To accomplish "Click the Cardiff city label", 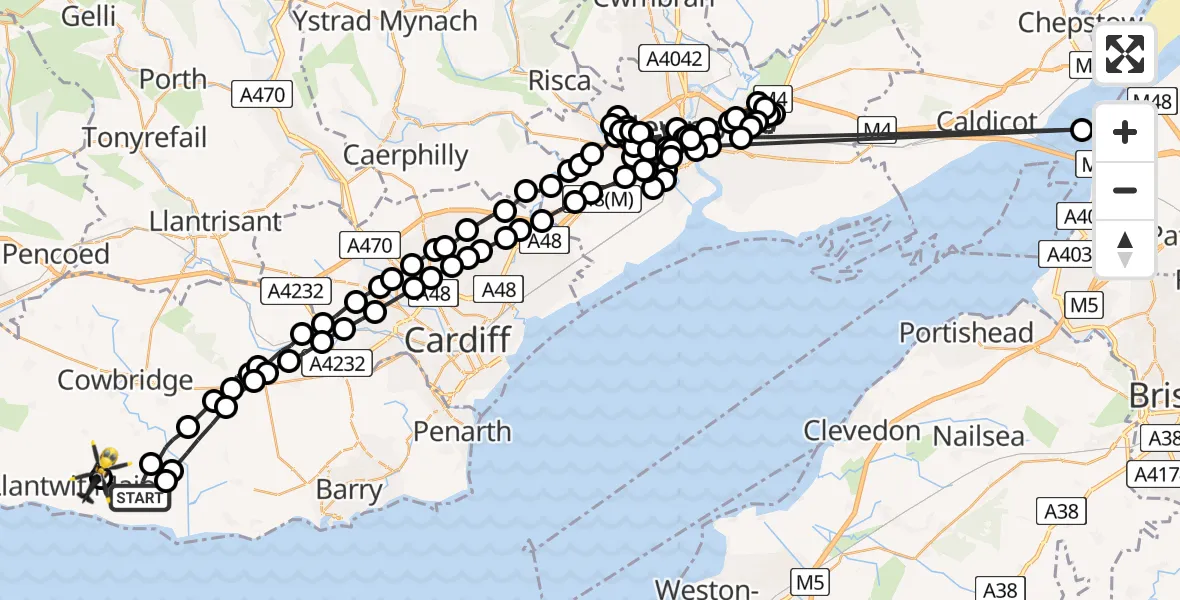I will (459, 340).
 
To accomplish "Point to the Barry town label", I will (349, 490).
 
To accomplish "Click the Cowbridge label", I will (125, 380).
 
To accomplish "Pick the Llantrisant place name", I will (215, 220).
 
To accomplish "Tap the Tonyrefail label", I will (145, 137).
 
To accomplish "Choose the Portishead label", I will (966, 332).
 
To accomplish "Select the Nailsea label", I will (979, 437).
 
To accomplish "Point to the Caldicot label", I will (987, 122).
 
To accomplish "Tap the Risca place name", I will (560, 81).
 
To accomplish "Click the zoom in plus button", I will (1125, 132).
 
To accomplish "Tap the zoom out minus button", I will (1125, 190).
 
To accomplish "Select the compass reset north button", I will (1125, 248).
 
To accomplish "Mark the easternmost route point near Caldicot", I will (1082, 130).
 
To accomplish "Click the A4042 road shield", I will (676, 59).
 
